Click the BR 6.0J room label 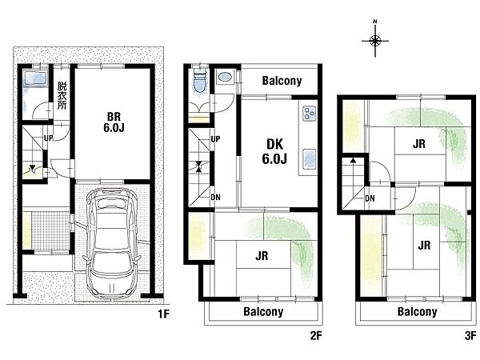(114, 122)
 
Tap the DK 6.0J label (274, 151)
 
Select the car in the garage (112, 243)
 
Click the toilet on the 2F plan (200, 82)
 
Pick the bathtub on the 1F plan (36, 78)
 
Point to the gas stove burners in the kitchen (309, 114)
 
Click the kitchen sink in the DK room (309, 159)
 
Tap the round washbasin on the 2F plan (225, 77)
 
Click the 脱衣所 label (62, 95)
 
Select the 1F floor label (163, 314)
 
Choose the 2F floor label (316, 336)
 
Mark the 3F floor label (470, 336)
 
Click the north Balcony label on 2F (282, 81)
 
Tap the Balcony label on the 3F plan (417, 312)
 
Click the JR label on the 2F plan (262, 256)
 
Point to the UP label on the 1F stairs (49, 138)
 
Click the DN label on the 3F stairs (370, 198)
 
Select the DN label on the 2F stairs (215, 197)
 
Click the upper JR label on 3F (418, 143)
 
